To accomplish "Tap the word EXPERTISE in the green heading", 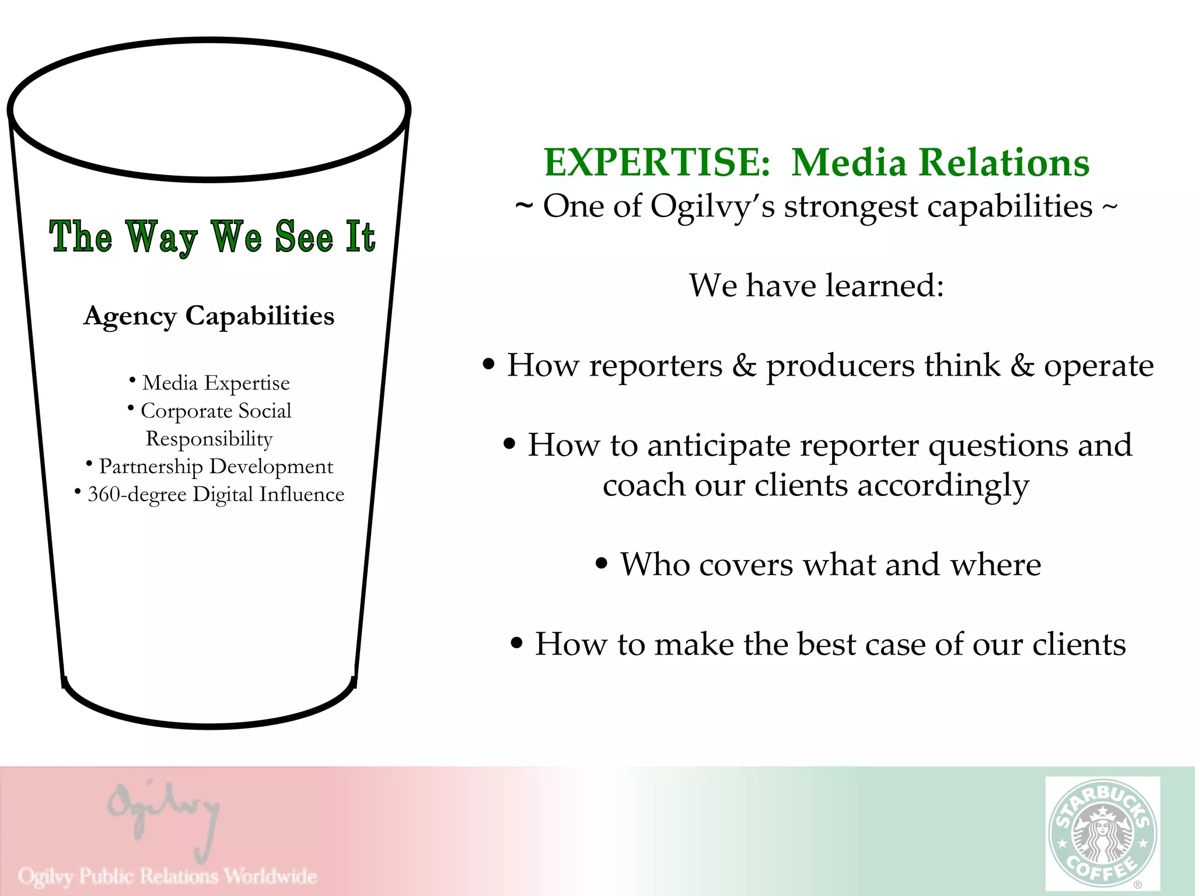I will click(x=657, y=162).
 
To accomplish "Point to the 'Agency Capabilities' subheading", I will click(x=209, y=316).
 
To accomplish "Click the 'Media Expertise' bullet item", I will click(x=215, y=383).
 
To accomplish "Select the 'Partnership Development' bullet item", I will click(x=215, y=467).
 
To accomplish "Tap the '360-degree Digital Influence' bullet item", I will click(x=215, y=495).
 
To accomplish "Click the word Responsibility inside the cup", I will click(x=209, y=439).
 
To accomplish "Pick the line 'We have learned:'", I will click(x=816, y=286).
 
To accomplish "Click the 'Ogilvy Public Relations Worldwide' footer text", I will click(x=167, y=876).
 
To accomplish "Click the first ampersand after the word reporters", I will click(x=744, y=366).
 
